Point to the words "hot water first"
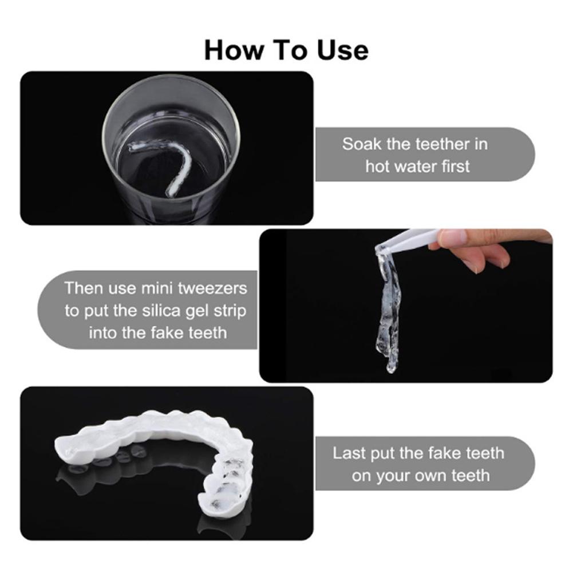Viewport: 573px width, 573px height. [417, 167]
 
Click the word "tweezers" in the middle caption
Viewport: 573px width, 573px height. [212, 287]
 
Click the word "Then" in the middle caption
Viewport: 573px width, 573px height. [83, 287]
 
